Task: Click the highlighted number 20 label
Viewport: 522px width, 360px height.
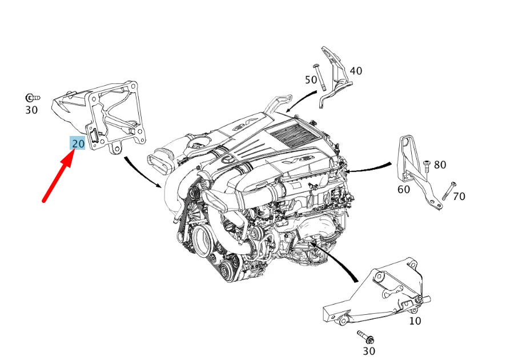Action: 78,143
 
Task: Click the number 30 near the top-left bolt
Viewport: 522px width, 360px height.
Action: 31,110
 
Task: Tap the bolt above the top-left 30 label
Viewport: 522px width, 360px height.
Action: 32,98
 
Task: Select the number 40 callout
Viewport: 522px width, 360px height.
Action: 355,71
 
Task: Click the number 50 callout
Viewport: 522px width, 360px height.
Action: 311,80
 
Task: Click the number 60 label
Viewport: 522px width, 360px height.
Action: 403,189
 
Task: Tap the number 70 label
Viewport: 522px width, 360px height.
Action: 459,197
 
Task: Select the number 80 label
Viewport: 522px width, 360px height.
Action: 440,165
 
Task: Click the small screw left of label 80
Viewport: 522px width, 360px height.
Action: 426,166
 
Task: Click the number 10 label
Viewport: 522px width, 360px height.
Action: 415,321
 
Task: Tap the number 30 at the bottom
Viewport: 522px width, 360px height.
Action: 369,351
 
